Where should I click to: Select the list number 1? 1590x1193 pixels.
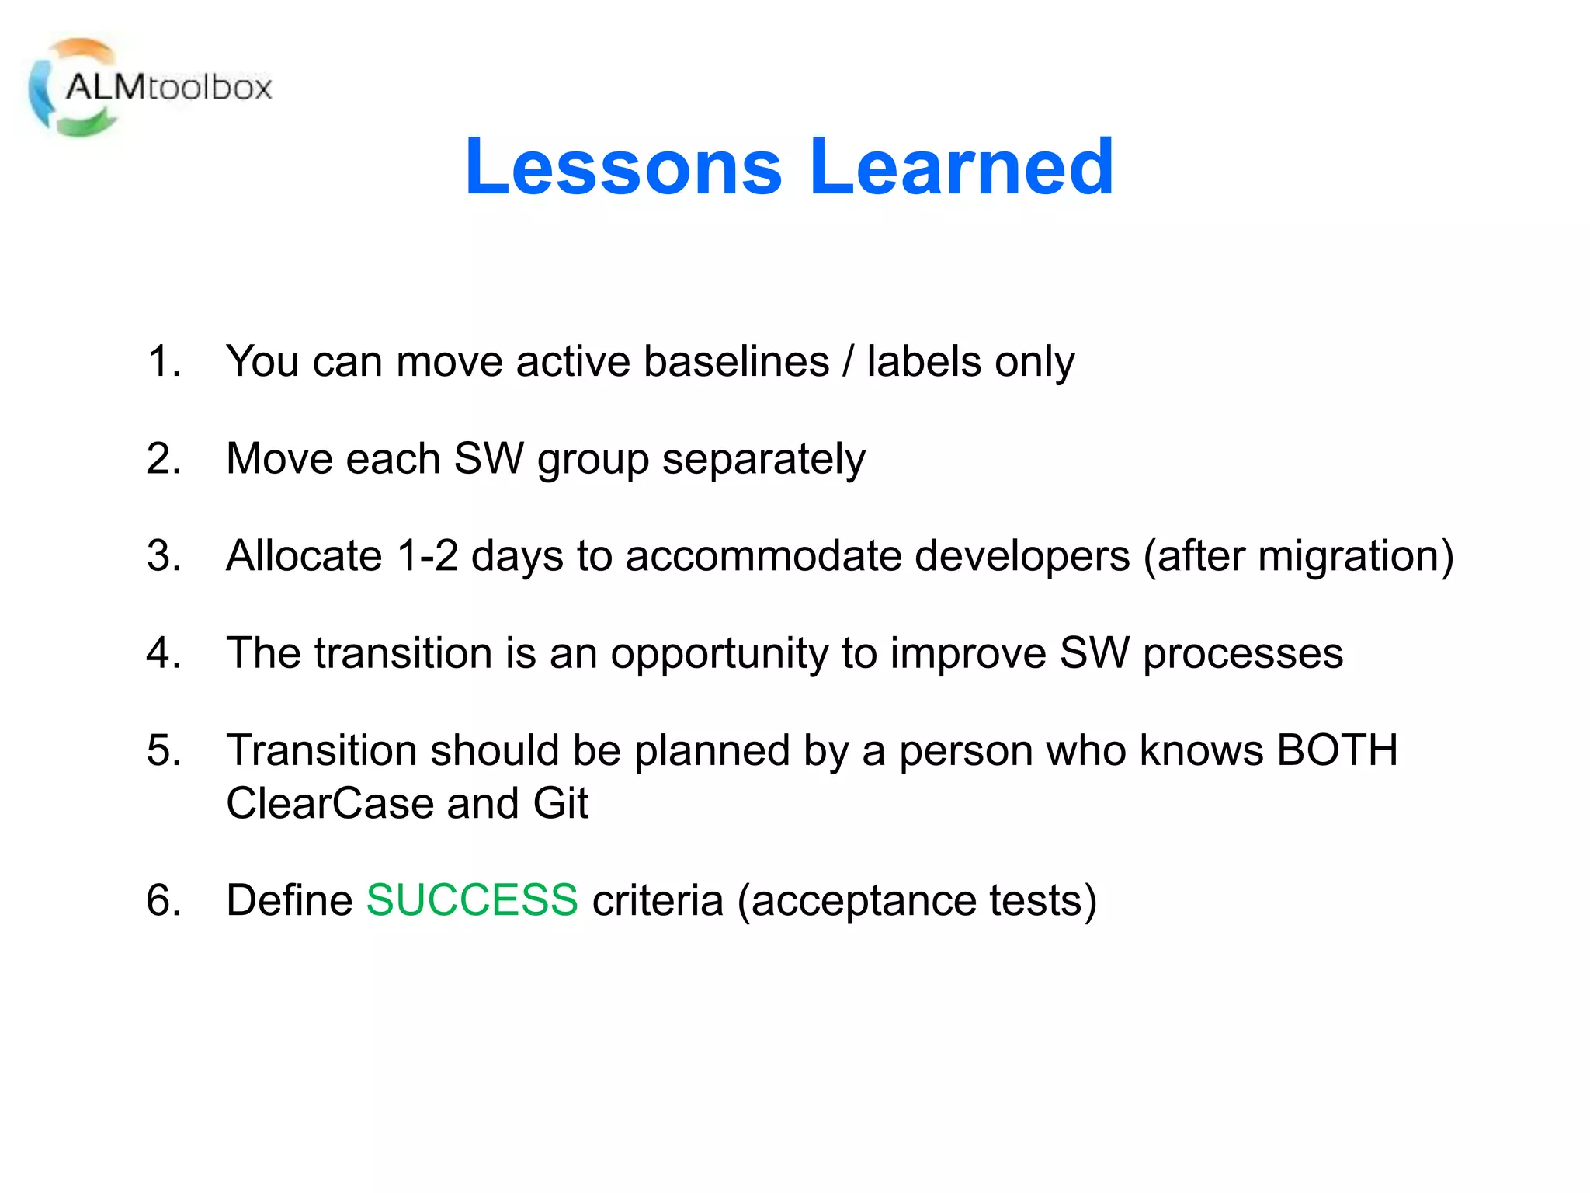tap(163, 362)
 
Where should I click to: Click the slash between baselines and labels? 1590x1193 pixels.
tap(848, 362)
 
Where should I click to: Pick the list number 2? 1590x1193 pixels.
tap(163, 459)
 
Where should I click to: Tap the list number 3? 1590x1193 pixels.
tap(163, 556)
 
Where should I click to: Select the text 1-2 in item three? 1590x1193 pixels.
tap(426, 556)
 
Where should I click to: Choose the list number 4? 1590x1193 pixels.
tap(163, 653)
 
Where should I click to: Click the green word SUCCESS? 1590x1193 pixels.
tap(472, 900)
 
